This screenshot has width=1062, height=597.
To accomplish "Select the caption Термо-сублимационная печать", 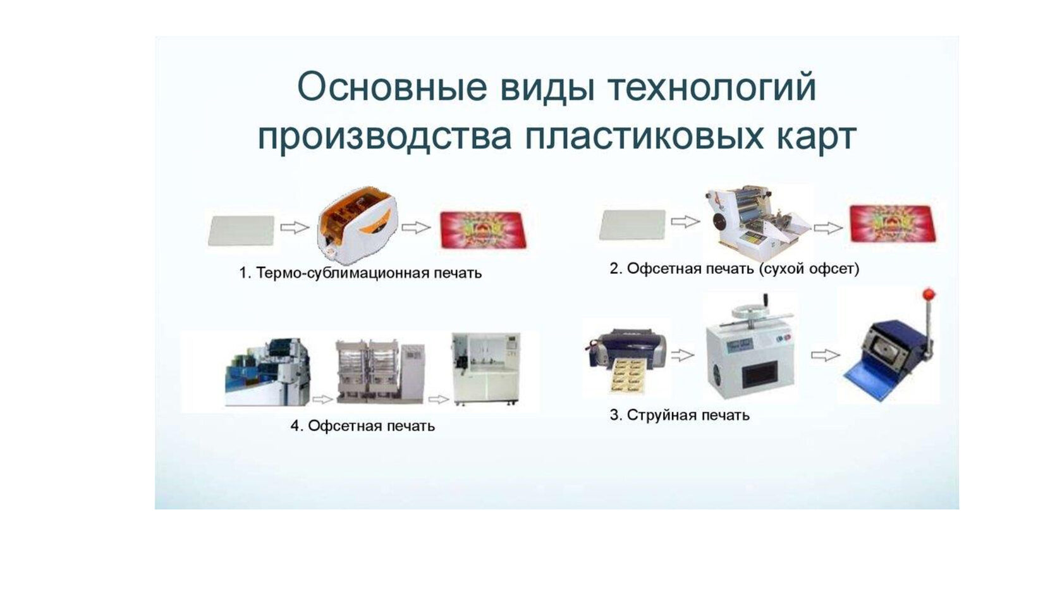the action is click(369, 273).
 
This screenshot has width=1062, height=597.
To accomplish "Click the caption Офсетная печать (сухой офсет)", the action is click(742, 269).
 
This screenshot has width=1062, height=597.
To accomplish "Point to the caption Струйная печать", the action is click(688, 415).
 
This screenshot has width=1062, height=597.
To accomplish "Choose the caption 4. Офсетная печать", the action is click(363, 426).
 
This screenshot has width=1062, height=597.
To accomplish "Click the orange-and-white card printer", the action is click(357, 228).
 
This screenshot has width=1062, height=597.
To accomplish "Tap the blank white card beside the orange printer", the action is click(241, 231).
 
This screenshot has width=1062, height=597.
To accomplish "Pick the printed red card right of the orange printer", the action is click(483, 230).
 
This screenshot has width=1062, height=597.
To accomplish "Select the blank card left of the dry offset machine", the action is click(632, 225).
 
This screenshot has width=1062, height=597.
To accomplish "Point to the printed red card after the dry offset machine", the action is click(893, 224).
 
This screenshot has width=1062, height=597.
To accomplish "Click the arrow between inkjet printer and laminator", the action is click(683, 355).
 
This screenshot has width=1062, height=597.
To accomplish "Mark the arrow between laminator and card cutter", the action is click(826, 355).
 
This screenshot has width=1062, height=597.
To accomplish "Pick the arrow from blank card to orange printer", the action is click(295, 228).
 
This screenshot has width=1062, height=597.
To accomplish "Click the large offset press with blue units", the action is click(268, 372).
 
